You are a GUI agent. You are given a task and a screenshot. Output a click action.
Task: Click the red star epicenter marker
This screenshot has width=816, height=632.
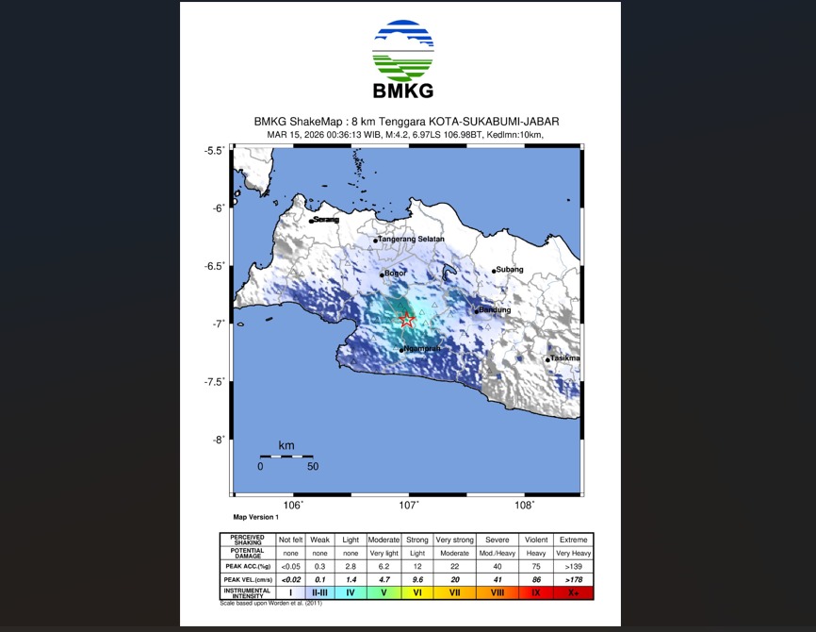click(407, 320)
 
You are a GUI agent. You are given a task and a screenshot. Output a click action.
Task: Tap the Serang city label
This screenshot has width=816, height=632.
click(325, 220)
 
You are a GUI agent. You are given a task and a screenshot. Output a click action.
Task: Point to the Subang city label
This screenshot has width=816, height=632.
click(510, 270)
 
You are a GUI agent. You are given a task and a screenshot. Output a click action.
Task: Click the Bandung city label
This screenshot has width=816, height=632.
click(495, 309)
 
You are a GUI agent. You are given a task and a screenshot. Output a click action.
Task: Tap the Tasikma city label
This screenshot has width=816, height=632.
click(565, 358)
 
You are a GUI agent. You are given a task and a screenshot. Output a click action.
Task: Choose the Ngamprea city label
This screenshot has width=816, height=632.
click(421, 349)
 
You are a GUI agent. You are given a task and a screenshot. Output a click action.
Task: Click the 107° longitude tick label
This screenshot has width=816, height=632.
click(409, 506)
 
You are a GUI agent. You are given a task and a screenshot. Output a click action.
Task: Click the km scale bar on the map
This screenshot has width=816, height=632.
click(286, 456)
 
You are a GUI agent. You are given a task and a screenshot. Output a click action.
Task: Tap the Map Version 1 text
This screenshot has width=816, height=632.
click(256, 517)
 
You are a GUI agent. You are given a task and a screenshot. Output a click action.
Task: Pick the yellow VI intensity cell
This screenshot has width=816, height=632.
click(416, 592)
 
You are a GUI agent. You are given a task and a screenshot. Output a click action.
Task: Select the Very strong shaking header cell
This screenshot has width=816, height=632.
click(455, 540)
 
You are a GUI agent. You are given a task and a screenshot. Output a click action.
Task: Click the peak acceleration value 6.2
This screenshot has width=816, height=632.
click(383, 566)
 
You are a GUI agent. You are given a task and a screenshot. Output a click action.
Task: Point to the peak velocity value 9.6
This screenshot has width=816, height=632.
click(416, 579)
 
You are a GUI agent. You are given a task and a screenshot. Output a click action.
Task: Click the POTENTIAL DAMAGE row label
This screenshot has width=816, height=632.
click(247, 553)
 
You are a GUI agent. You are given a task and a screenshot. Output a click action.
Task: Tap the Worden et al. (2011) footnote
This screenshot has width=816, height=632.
click(270, 603)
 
